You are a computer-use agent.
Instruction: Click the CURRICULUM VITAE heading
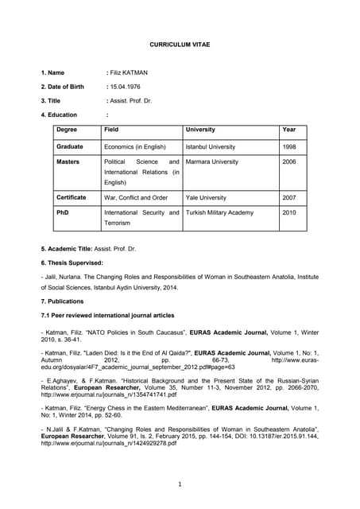[x=180, y=46]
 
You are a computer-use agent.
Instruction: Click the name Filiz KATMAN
[x=129, y=73]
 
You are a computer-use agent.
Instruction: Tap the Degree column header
[x=67, y=130]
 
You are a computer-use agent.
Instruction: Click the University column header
[x=200, y=130]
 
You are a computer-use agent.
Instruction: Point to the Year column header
[x=289, y=130]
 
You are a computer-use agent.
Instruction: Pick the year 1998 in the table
[x=290, y=147]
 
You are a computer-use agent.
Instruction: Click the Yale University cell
[x=206, y=197]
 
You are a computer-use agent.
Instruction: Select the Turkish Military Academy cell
[x=219, y=212]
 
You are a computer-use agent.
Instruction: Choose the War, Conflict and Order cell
[x=136, y=197]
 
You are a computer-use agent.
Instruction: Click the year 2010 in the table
[x=290, y=212]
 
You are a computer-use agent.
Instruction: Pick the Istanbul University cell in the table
[x=210, y=147]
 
